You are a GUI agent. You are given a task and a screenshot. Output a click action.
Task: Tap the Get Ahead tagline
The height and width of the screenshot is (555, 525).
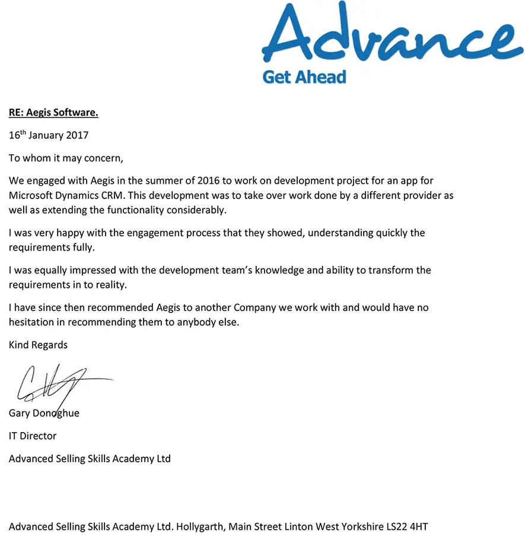click(x=304, y=77)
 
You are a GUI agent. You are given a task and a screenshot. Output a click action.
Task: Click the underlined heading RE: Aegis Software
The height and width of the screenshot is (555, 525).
click(x=53, y=112)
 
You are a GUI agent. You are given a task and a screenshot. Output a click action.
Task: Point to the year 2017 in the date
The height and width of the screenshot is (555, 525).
click(x=77, y=135)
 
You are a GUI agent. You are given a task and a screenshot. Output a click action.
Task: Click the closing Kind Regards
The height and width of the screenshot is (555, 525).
click(x=38, y=345)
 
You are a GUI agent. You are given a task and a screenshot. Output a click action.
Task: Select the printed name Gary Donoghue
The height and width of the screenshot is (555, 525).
click(x=44, y=413)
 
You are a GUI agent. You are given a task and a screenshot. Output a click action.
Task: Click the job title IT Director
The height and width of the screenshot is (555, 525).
click(x=33, y=436)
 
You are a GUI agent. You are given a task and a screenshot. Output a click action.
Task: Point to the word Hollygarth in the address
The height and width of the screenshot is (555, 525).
click(x=199, y=527)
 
